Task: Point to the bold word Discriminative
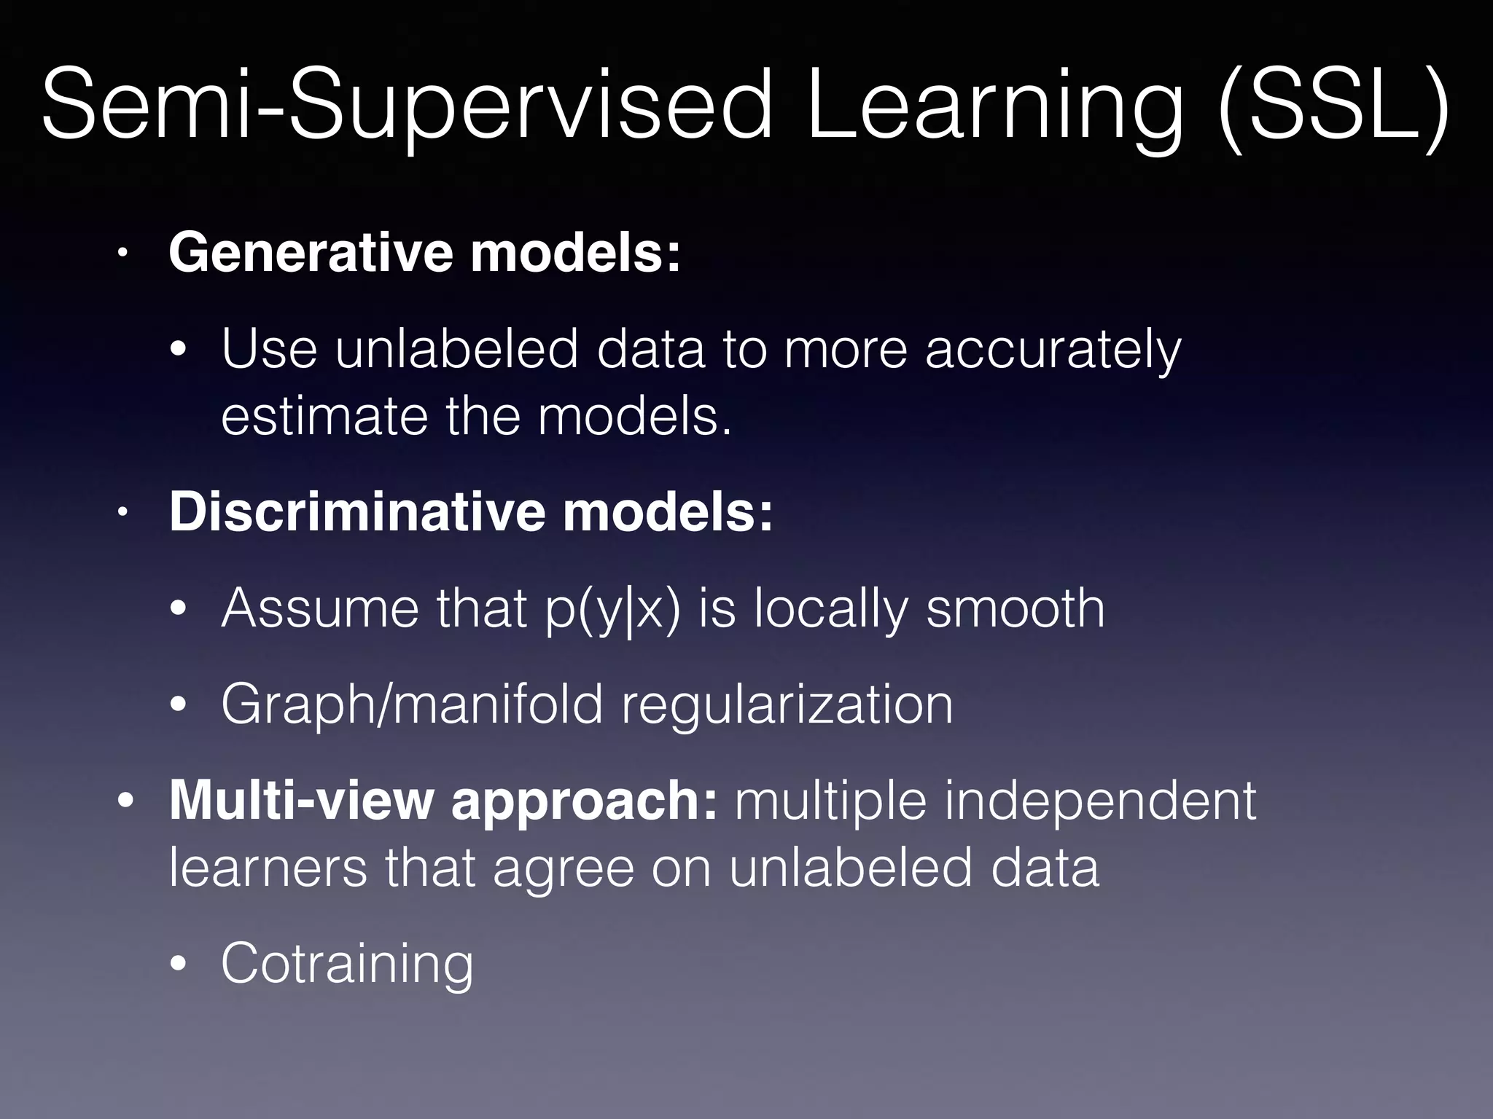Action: click(x=357, y=511)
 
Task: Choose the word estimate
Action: click(x=324, y=417)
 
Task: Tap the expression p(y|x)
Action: click(x=612, y=609)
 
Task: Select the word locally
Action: click(x=830, y=609)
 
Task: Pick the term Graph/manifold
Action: click(x=412, y=705)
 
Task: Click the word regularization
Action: click(x=787, y=705)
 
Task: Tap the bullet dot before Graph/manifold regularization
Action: click(x=179, y=705)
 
